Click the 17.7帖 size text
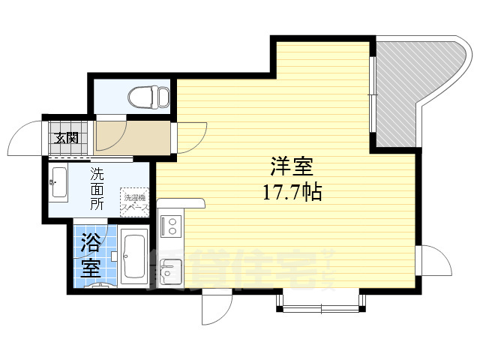coord(291,193)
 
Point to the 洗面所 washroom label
coord(97,190)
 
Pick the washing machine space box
coord(136,200)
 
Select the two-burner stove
coord(170,224)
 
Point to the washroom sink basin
coord(59,184)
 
